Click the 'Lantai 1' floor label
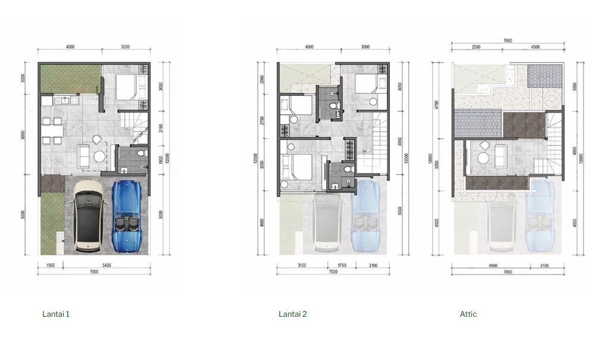point(56,314)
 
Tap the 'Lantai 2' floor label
point(293,314)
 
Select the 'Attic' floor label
point(468,314)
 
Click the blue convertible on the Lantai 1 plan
point(129,215)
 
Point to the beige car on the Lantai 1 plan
point(90,215)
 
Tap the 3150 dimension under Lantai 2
point(302,266)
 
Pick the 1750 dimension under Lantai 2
point(342,266)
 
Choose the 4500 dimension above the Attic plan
point(535,46)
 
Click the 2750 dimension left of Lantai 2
point(261,121)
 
